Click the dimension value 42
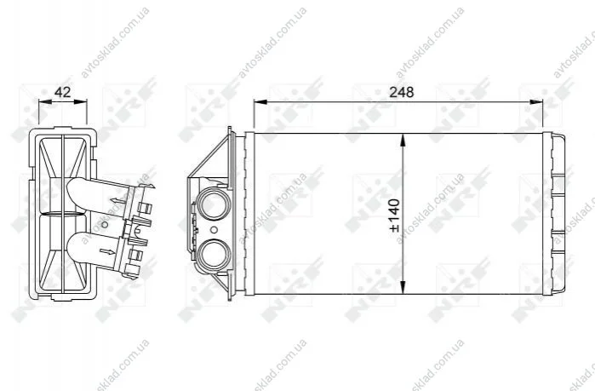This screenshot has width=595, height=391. click(63, 92)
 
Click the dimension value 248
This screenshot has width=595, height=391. click(402, 92)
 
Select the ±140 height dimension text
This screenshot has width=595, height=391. click(394, 216)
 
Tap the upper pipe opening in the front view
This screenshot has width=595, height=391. click(214, 204)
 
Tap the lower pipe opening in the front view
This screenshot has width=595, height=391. click(214, 255)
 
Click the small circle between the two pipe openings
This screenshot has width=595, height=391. click(214, 230)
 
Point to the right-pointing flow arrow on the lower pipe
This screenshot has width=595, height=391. click(107, 251)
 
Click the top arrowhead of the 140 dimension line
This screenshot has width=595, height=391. click(403, 141)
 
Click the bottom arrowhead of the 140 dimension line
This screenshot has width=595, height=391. click(403, 287)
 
